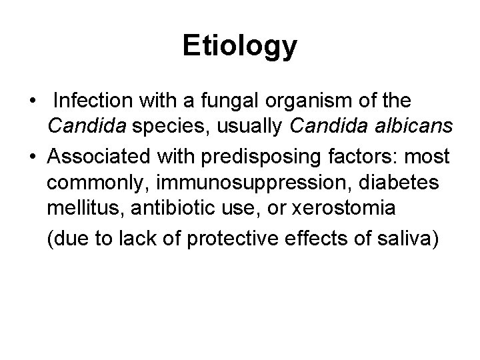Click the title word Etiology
coord(240,46)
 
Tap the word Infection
coord(93,101)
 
